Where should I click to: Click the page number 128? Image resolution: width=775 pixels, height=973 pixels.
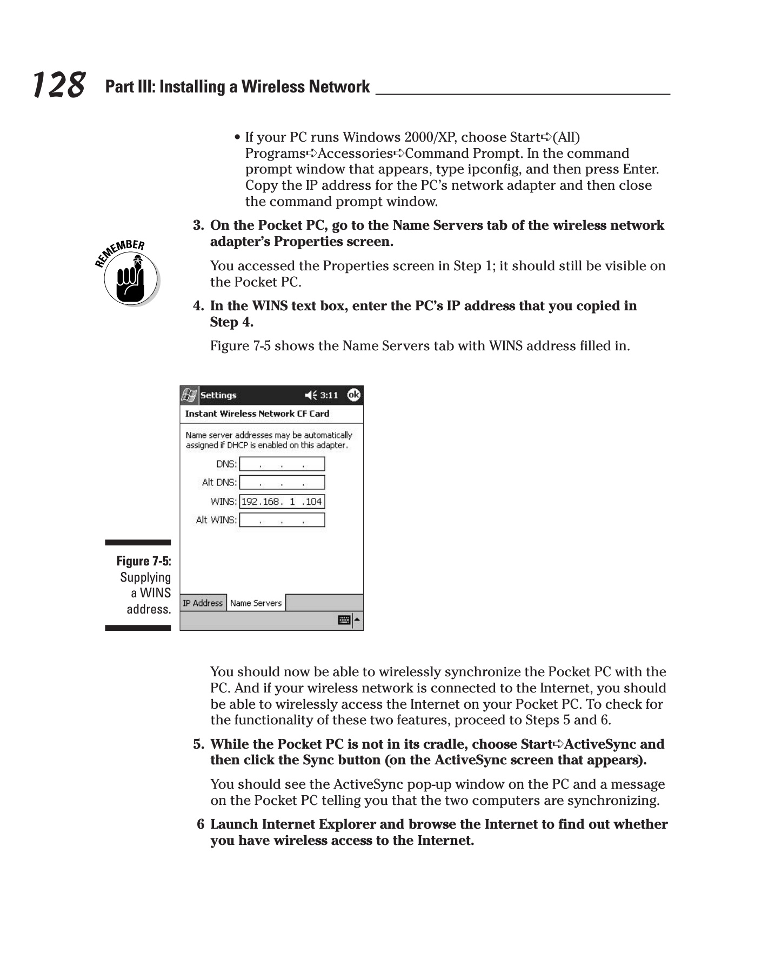tap(58, 85)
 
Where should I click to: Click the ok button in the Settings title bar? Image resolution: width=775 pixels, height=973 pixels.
tap(353, 395)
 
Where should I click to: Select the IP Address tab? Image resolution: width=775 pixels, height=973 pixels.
tap(203, 603)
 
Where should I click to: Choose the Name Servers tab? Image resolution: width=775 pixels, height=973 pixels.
tap(256, 603)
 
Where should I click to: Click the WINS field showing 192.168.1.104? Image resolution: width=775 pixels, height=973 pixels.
tap(282, 501)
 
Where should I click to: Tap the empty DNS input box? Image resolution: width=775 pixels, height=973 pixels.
tap(282, 464)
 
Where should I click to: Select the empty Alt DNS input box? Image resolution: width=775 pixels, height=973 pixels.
tap(282, 482)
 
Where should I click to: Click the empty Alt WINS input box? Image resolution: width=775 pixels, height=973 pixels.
tap(282, 520)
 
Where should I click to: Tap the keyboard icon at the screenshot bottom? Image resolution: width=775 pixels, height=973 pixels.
tap(344, 620)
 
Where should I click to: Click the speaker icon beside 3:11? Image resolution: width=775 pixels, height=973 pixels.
tap(311, 395)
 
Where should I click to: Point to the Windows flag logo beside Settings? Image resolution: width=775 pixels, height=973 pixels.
tap(189, 395)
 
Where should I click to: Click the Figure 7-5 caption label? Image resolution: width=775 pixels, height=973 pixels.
tap(144, 561)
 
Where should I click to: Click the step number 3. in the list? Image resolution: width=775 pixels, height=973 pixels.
tap(198, 225)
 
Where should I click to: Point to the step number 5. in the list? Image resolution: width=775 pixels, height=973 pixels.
tap(198, 744)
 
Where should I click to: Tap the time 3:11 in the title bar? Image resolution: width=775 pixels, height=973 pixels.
tap(329, 395)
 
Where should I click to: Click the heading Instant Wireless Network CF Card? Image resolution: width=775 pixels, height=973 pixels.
tap(257, 414)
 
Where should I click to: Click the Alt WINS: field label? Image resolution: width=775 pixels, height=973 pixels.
tap(216, 520)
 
